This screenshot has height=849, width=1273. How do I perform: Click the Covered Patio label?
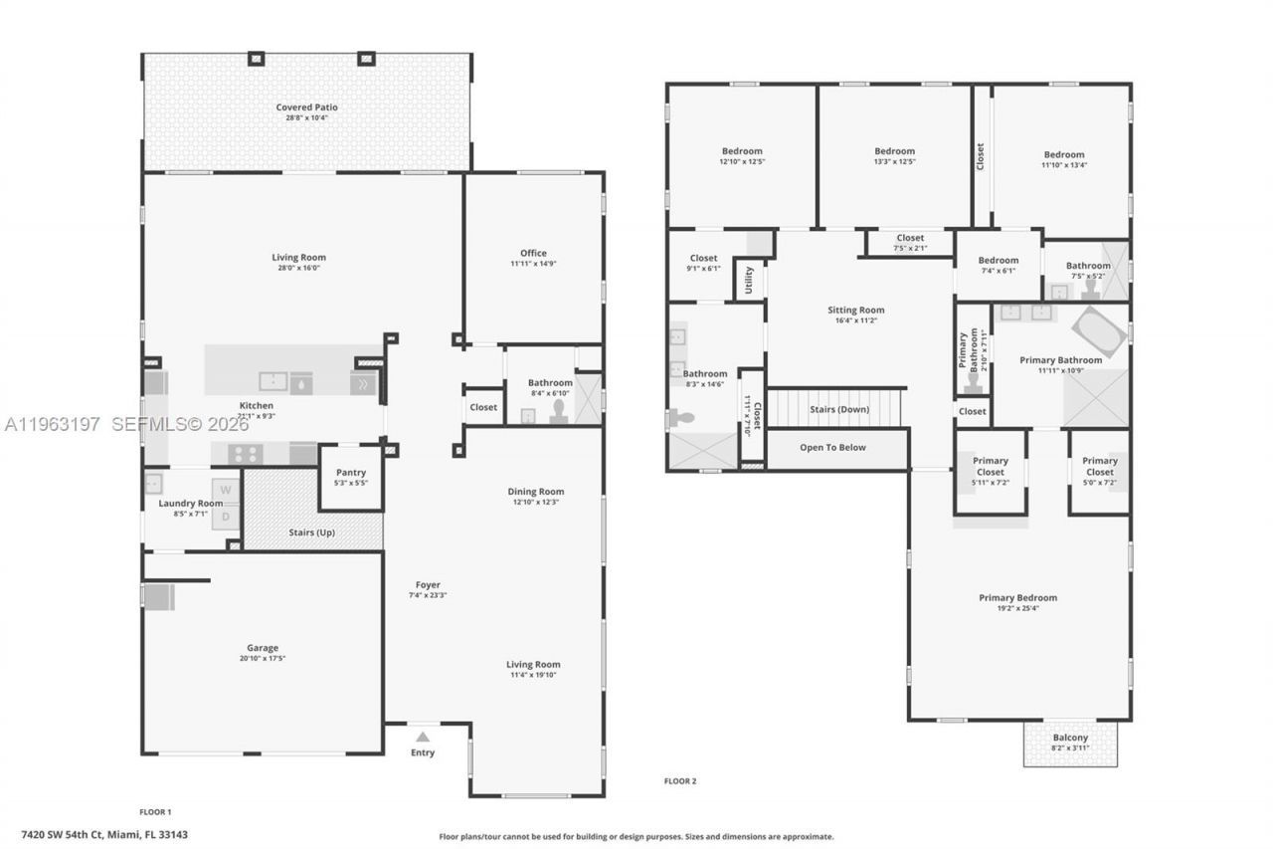coord(306,107)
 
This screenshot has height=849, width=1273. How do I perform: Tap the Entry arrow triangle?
coord(423,738)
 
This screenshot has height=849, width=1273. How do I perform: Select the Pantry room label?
coord(350,473)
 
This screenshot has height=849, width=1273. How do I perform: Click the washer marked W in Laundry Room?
coord(226,490)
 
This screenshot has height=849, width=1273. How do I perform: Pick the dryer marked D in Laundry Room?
coord(226,517)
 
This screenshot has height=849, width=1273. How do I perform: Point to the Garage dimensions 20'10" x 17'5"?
coord(263,659)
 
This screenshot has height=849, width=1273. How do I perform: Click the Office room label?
coord(533,253)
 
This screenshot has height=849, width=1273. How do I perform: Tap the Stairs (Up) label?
coord(311,532)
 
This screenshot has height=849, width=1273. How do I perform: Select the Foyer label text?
coord(428,585)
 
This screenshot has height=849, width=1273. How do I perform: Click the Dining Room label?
coord(536,491)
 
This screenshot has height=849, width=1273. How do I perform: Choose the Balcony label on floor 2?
coord(1070,738)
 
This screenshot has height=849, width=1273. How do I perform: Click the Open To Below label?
coord(832,448)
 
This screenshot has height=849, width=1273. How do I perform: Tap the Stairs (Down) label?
coord(839,409)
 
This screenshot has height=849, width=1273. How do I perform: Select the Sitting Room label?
coord(855,310)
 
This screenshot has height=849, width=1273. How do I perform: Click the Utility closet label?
coord(749,280)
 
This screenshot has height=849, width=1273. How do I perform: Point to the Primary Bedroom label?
coord(1017,598)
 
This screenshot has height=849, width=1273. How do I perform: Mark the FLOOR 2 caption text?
coord(680,781)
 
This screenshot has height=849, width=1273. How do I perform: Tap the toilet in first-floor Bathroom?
coord(558,412)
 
